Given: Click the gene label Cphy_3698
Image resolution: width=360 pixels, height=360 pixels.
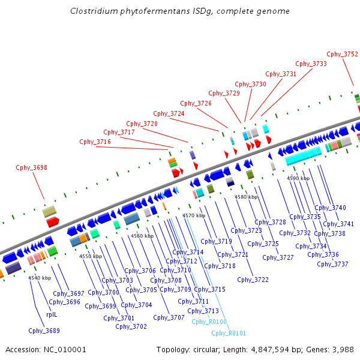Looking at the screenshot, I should tap(31, 168).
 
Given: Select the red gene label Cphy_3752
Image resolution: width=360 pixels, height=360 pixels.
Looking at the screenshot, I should tap(342, 54).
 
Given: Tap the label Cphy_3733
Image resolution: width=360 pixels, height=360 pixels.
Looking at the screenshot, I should tap(311, 64).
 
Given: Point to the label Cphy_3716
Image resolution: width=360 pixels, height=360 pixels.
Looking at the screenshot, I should tap(95, 142).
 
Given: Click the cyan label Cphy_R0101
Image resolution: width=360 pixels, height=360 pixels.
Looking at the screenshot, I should tap(228, 333).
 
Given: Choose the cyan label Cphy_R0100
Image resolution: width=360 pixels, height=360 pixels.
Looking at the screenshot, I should tap(209, 322).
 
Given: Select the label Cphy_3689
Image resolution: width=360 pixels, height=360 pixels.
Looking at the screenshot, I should tap(44, 331).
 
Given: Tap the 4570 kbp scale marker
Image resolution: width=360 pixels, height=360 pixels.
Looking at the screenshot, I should tap(194, 215).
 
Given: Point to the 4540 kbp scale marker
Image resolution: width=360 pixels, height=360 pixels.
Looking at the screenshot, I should tap(40, 278).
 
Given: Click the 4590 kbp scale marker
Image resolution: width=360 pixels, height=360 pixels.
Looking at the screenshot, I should tap(298, 178).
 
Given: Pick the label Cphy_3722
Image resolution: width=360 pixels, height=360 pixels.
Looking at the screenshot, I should tap(253, 280).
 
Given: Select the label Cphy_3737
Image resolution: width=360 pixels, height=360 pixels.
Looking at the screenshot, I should tap(332, 264).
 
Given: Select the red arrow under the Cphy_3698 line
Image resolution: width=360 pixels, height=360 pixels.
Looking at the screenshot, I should tap(53, 222).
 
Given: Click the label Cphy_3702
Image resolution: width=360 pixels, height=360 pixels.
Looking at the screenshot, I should tap(131, 326).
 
